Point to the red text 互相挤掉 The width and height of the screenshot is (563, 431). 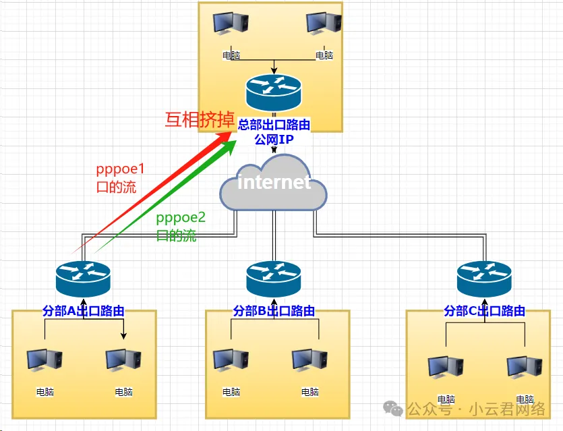coord(196,120)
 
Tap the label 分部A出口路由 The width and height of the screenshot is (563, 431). coord(84,311)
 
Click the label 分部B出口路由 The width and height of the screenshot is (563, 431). coord(274,311)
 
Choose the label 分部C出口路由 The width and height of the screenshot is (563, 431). coord(484,311)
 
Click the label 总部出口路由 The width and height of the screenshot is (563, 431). coord(274,125)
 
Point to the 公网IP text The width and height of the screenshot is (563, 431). coord(274,139)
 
